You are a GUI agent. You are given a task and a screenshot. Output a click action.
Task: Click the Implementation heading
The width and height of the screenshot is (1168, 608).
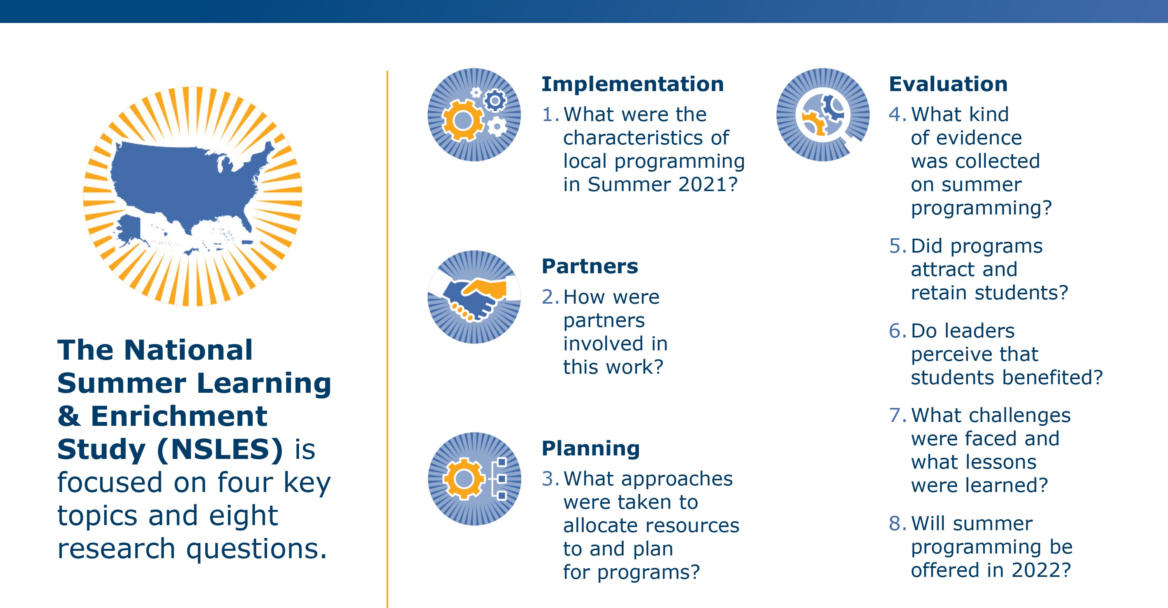tap(633, 84)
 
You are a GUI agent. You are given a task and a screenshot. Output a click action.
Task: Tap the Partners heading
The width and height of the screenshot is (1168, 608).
tap(590, 266)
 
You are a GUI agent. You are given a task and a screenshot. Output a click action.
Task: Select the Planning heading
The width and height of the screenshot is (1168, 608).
tap(591, 449)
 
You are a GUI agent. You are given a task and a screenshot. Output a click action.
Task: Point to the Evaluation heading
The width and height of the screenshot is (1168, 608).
tap(948, 84)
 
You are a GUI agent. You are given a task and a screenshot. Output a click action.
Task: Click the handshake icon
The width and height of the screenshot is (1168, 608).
tap(474, 297)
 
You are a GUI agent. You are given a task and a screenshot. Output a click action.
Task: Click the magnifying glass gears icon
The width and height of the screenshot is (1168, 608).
tap(823, 115)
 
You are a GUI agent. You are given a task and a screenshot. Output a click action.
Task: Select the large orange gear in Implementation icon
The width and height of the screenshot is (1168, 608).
tap(462, 121)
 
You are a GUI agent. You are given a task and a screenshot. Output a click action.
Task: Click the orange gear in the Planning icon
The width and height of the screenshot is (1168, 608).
tap(463, 479)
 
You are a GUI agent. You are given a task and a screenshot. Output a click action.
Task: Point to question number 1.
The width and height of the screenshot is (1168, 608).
tap(551, 115)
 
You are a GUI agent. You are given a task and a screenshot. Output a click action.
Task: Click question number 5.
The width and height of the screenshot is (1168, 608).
tap(897, 246)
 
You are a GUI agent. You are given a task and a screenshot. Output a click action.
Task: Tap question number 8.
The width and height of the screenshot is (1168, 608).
tap(897, 524)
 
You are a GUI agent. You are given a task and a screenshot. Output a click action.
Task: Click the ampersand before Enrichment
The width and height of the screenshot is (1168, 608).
tap(69, 416)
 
